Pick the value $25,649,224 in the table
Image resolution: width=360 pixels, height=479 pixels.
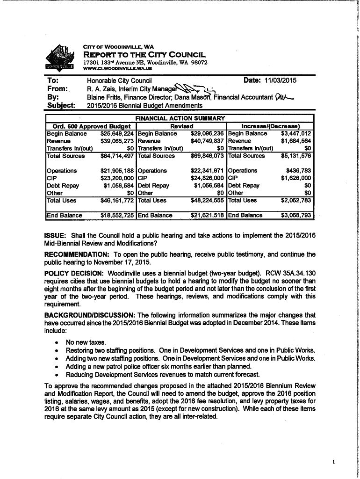click(x=117, y=133)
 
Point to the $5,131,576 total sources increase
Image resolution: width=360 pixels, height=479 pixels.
click(x=296, y=156)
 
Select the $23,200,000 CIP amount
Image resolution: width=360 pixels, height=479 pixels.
click(x=117, y=178)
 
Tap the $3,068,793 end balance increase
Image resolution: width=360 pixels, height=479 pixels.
click(x=296, y=215)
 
